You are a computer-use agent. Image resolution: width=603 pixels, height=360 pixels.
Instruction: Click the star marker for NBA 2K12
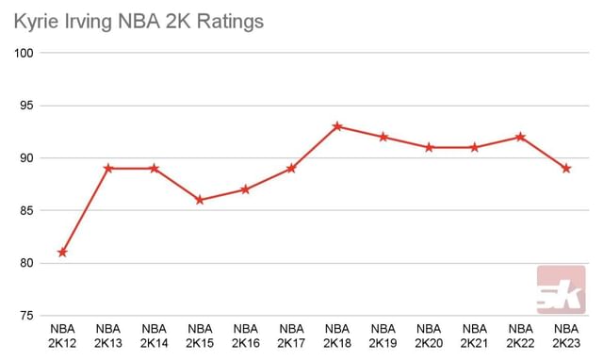tap(62, 253)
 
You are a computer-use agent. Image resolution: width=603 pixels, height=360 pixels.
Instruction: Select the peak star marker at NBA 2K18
tap(337, 126)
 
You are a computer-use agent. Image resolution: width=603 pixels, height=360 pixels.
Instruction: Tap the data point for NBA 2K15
tap(200, 200)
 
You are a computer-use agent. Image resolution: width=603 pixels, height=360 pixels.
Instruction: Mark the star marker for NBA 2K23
tap(566, 169)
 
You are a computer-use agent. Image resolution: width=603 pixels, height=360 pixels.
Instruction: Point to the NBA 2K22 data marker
tap(520, 137)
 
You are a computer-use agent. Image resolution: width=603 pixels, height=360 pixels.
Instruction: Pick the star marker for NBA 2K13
tap(108, 169)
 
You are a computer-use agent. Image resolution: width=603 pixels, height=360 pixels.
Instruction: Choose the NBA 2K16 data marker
tap(246, 189)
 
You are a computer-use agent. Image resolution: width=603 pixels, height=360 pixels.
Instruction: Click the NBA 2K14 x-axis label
tap(154, 335)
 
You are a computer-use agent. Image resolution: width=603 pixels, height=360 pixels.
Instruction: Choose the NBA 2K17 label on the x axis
tap(291, 335)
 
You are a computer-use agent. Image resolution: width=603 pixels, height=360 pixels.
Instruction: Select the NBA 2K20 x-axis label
tap(429, 335)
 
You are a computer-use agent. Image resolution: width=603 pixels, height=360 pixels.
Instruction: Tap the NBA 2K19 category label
tap(383, 335)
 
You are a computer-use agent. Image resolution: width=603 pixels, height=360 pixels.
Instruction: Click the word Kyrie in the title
tap(35, 20)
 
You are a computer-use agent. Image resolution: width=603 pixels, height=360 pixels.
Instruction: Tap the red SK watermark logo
tap(561, 289)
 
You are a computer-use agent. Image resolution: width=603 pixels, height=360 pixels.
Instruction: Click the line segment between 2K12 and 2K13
tap(85, 211)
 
